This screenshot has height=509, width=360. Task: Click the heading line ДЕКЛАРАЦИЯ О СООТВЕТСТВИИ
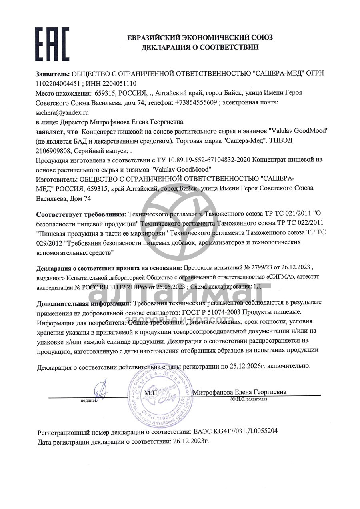[200, 47]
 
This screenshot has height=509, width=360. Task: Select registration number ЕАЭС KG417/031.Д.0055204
[235, 432]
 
